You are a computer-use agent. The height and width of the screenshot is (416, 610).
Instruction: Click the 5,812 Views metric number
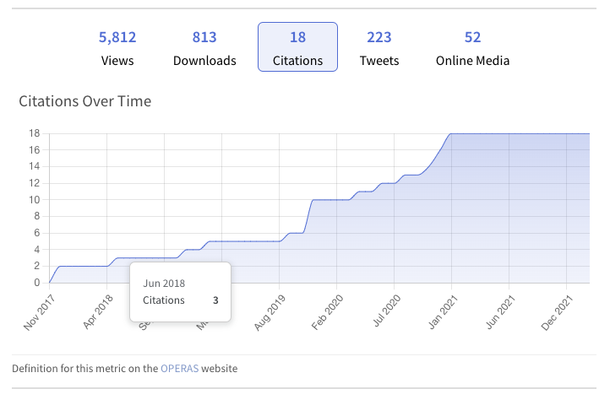click(x=117, y=37)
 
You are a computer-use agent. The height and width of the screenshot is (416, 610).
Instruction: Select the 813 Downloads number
click(x=204, y=37)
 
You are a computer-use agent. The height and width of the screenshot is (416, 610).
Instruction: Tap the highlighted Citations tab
click(x=297, y=47)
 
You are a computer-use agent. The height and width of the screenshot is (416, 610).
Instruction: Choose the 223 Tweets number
click(x=379, y=37)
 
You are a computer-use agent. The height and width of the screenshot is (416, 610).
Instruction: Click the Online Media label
click(x=472, y=61)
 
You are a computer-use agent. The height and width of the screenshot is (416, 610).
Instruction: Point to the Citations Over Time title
click(x=84, y=102)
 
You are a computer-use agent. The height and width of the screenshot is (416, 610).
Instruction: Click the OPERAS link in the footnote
click(x=179, y=369)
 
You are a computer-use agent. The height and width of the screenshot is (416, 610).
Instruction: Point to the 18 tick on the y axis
click(x=35, y=133)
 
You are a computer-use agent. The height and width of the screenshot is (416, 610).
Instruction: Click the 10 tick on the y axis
click(x=35, y=200)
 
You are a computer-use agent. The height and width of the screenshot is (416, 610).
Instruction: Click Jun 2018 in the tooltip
click(x=164, y=284)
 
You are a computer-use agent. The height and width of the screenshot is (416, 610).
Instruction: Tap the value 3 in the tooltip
click(x=215, y=300)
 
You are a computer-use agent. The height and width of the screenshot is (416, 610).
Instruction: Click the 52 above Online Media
click(x=472, y=37)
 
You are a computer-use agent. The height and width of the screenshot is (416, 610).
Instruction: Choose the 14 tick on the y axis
click(x=35, y=166)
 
